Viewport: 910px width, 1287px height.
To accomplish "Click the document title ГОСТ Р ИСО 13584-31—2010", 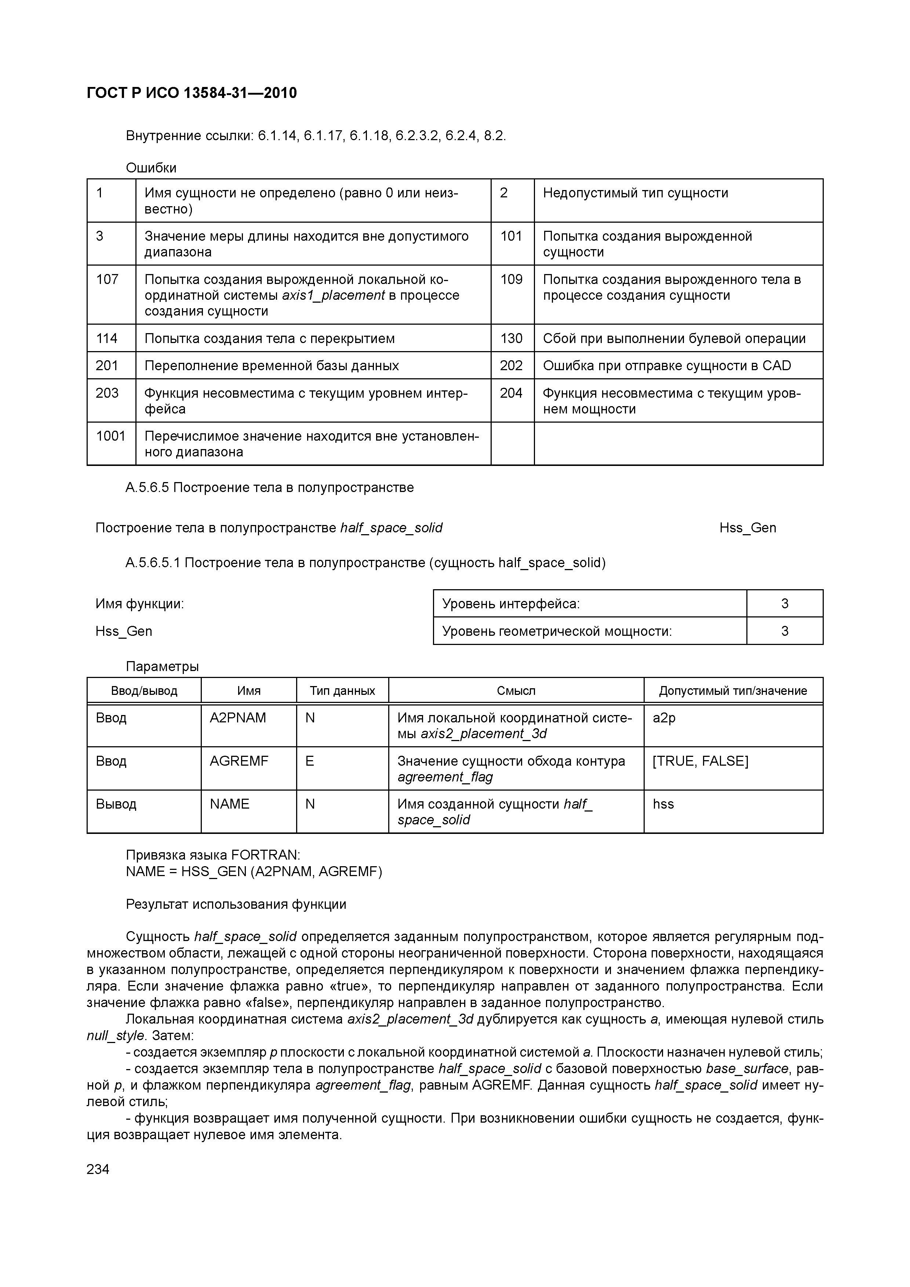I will pyautogui.click(x=192, y=93).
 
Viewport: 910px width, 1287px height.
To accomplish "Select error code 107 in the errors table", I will pyautogui.click(x=107, y=279).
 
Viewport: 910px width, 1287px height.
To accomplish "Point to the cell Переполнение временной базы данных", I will pyautogui.click(x=272, y=366).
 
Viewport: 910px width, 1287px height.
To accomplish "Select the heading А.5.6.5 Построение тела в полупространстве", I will pyautogui.click(x=270, y=488).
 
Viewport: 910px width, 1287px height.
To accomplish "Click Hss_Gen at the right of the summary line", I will pyautogui.click(x=747, y=528).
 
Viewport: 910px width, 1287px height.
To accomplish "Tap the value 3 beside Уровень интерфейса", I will pyautogui.click(x=785, y=604).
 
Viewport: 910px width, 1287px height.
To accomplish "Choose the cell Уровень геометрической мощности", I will pyautogui.click(x=557, y=631).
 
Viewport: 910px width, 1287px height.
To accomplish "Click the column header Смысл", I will pyautogui.click(x=516, y=690).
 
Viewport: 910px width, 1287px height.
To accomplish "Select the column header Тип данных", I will pyautogui.click(x=342, y=690).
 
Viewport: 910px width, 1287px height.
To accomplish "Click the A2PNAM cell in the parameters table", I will pyautogui.click(x=238, y=718).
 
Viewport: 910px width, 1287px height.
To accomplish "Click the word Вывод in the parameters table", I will pyautogui.click(x=116, y=804).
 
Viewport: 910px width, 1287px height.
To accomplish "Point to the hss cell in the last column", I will pyautogui.click(x=663, y=804).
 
